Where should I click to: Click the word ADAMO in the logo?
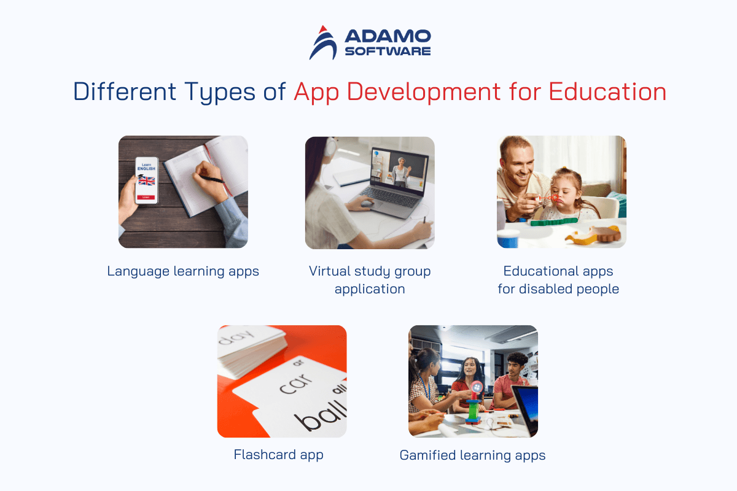[388, 36]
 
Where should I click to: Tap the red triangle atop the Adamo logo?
[323, 29]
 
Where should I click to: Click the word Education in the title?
[607, 91]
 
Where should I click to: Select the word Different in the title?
[124, 91]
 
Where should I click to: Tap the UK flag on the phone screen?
[146, 180]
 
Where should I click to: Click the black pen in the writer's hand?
[213, 179]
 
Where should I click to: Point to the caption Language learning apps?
[183, 272]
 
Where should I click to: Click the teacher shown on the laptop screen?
[400, 172]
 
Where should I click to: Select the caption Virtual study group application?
[370, 280]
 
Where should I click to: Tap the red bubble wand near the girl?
[548, 198]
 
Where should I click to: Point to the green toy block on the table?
[553, 222]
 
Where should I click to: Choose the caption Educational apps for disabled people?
[558, 280]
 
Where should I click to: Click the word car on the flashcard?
[295, 384]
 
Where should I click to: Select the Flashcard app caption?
[278, 455]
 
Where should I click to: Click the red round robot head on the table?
[477, 387]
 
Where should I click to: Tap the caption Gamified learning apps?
[472, 456]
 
